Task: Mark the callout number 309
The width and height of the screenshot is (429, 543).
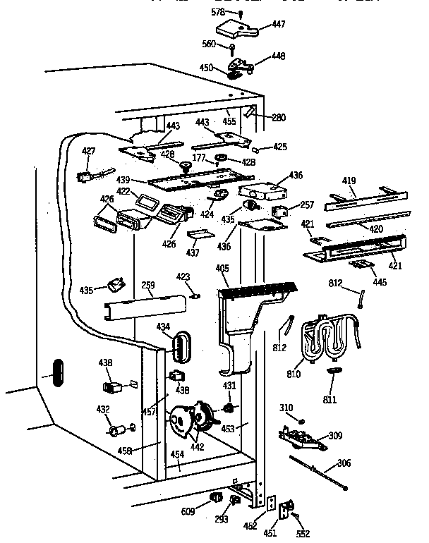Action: click(x=335, y=436)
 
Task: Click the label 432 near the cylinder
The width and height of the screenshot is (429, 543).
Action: click(x=103, y=409)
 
